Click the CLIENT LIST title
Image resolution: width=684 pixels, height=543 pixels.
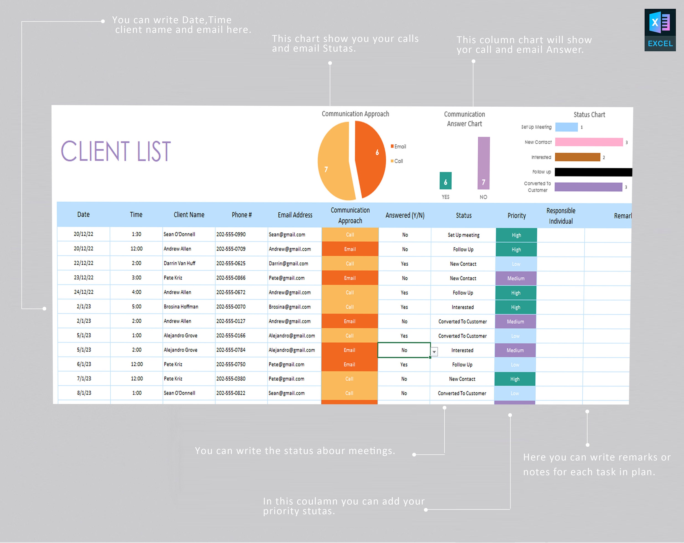116,151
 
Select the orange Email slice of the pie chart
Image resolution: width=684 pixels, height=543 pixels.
370,159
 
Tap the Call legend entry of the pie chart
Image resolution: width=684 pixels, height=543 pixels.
397,161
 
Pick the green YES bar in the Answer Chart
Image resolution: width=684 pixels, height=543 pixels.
446,181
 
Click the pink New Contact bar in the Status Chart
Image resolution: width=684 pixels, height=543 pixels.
589,142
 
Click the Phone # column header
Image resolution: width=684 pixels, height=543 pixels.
241,215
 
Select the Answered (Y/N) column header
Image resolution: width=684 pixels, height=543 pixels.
405,215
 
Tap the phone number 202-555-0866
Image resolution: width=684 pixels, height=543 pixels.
231,278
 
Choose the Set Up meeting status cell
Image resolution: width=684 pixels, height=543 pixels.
463,235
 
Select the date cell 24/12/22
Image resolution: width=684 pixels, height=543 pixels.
83,292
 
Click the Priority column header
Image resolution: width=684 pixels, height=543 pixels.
516,216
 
